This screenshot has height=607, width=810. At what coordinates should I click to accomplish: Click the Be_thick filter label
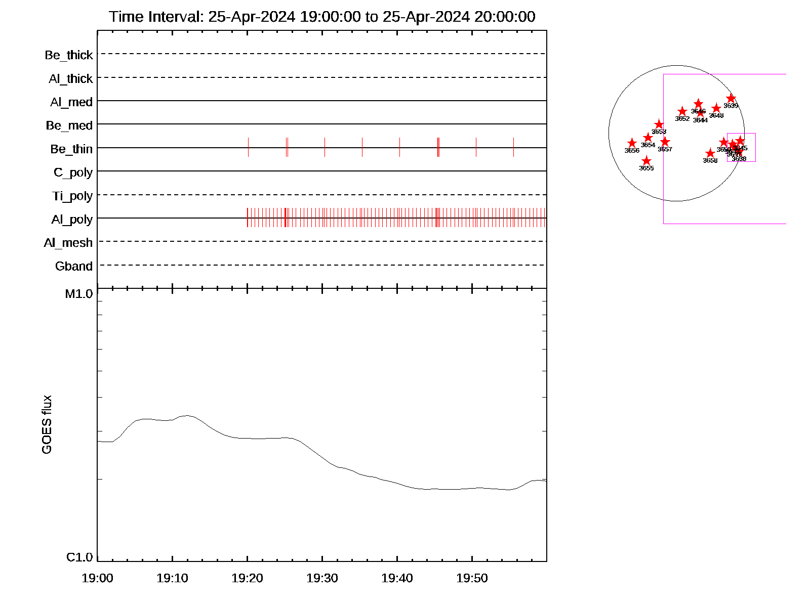pos(69,55)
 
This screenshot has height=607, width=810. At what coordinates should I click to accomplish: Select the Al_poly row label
pos(72,220)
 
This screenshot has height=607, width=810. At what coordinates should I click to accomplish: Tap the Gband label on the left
pos(74,267)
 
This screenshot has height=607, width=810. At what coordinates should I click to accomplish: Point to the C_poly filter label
pos(73,172)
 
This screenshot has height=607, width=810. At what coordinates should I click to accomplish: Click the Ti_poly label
pos(72,196)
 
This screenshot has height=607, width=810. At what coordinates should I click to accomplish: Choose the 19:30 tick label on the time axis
pos(322,578)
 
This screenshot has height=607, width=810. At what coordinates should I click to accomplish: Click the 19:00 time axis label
pos(97,578)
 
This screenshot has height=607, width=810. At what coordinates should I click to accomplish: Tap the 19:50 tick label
pos(472,578)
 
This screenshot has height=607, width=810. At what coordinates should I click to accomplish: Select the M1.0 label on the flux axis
pos(79,294)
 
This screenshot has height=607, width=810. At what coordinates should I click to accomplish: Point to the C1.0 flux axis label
pos(79,557)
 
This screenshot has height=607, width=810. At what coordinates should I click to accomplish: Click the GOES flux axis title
pos(47,425)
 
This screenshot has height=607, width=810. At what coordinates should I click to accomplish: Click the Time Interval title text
pos(322,17)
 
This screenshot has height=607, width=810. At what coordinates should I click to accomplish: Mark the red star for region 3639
pos(731,98)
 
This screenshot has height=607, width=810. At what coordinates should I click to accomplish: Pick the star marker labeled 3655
pos(646,161)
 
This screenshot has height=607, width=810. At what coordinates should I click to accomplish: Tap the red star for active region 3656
pos(632,143)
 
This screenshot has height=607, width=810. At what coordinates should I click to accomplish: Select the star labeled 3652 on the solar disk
pos(682,111)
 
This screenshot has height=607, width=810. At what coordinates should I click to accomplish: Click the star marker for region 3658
pos(710,153)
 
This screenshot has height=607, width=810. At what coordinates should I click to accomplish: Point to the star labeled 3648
pos(716,108)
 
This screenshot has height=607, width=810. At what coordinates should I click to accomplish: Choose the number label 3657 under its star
pos(665,149)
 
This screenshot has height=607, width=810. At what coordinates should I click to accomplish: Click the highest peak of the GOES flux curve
pos(187,415)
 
